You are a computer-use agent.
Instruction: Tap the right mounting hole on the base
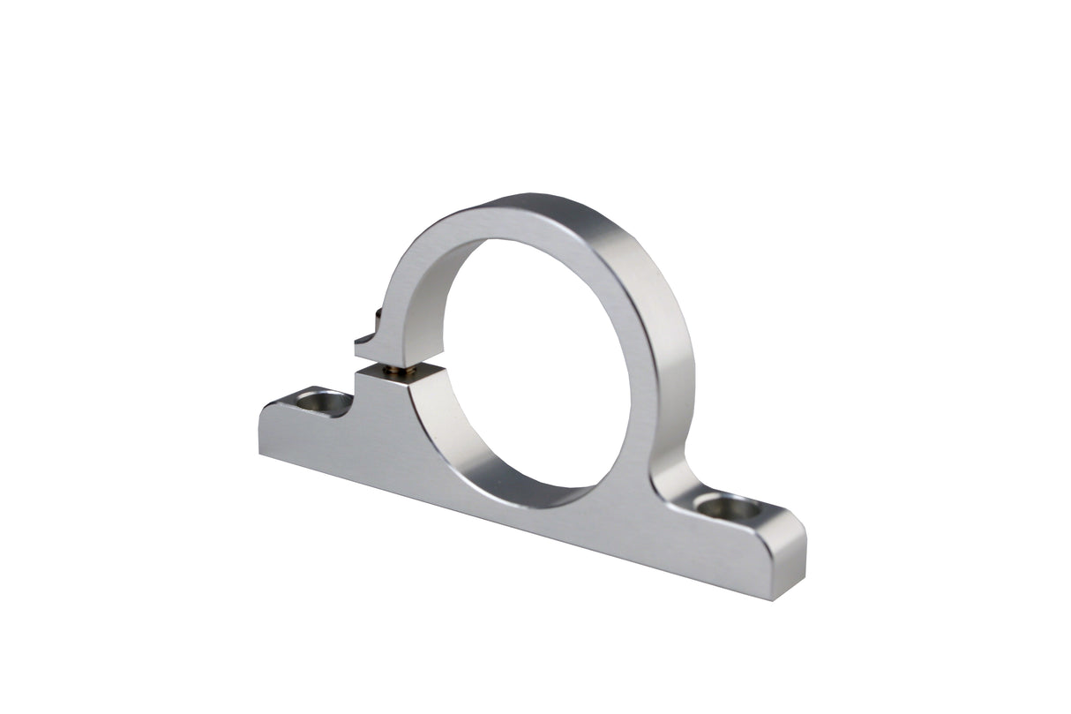[727, 508]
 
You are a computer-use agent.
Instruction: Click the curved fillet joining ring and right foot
[666, 481]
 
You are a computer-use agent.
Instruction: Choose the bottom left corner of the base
[260, 452]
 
